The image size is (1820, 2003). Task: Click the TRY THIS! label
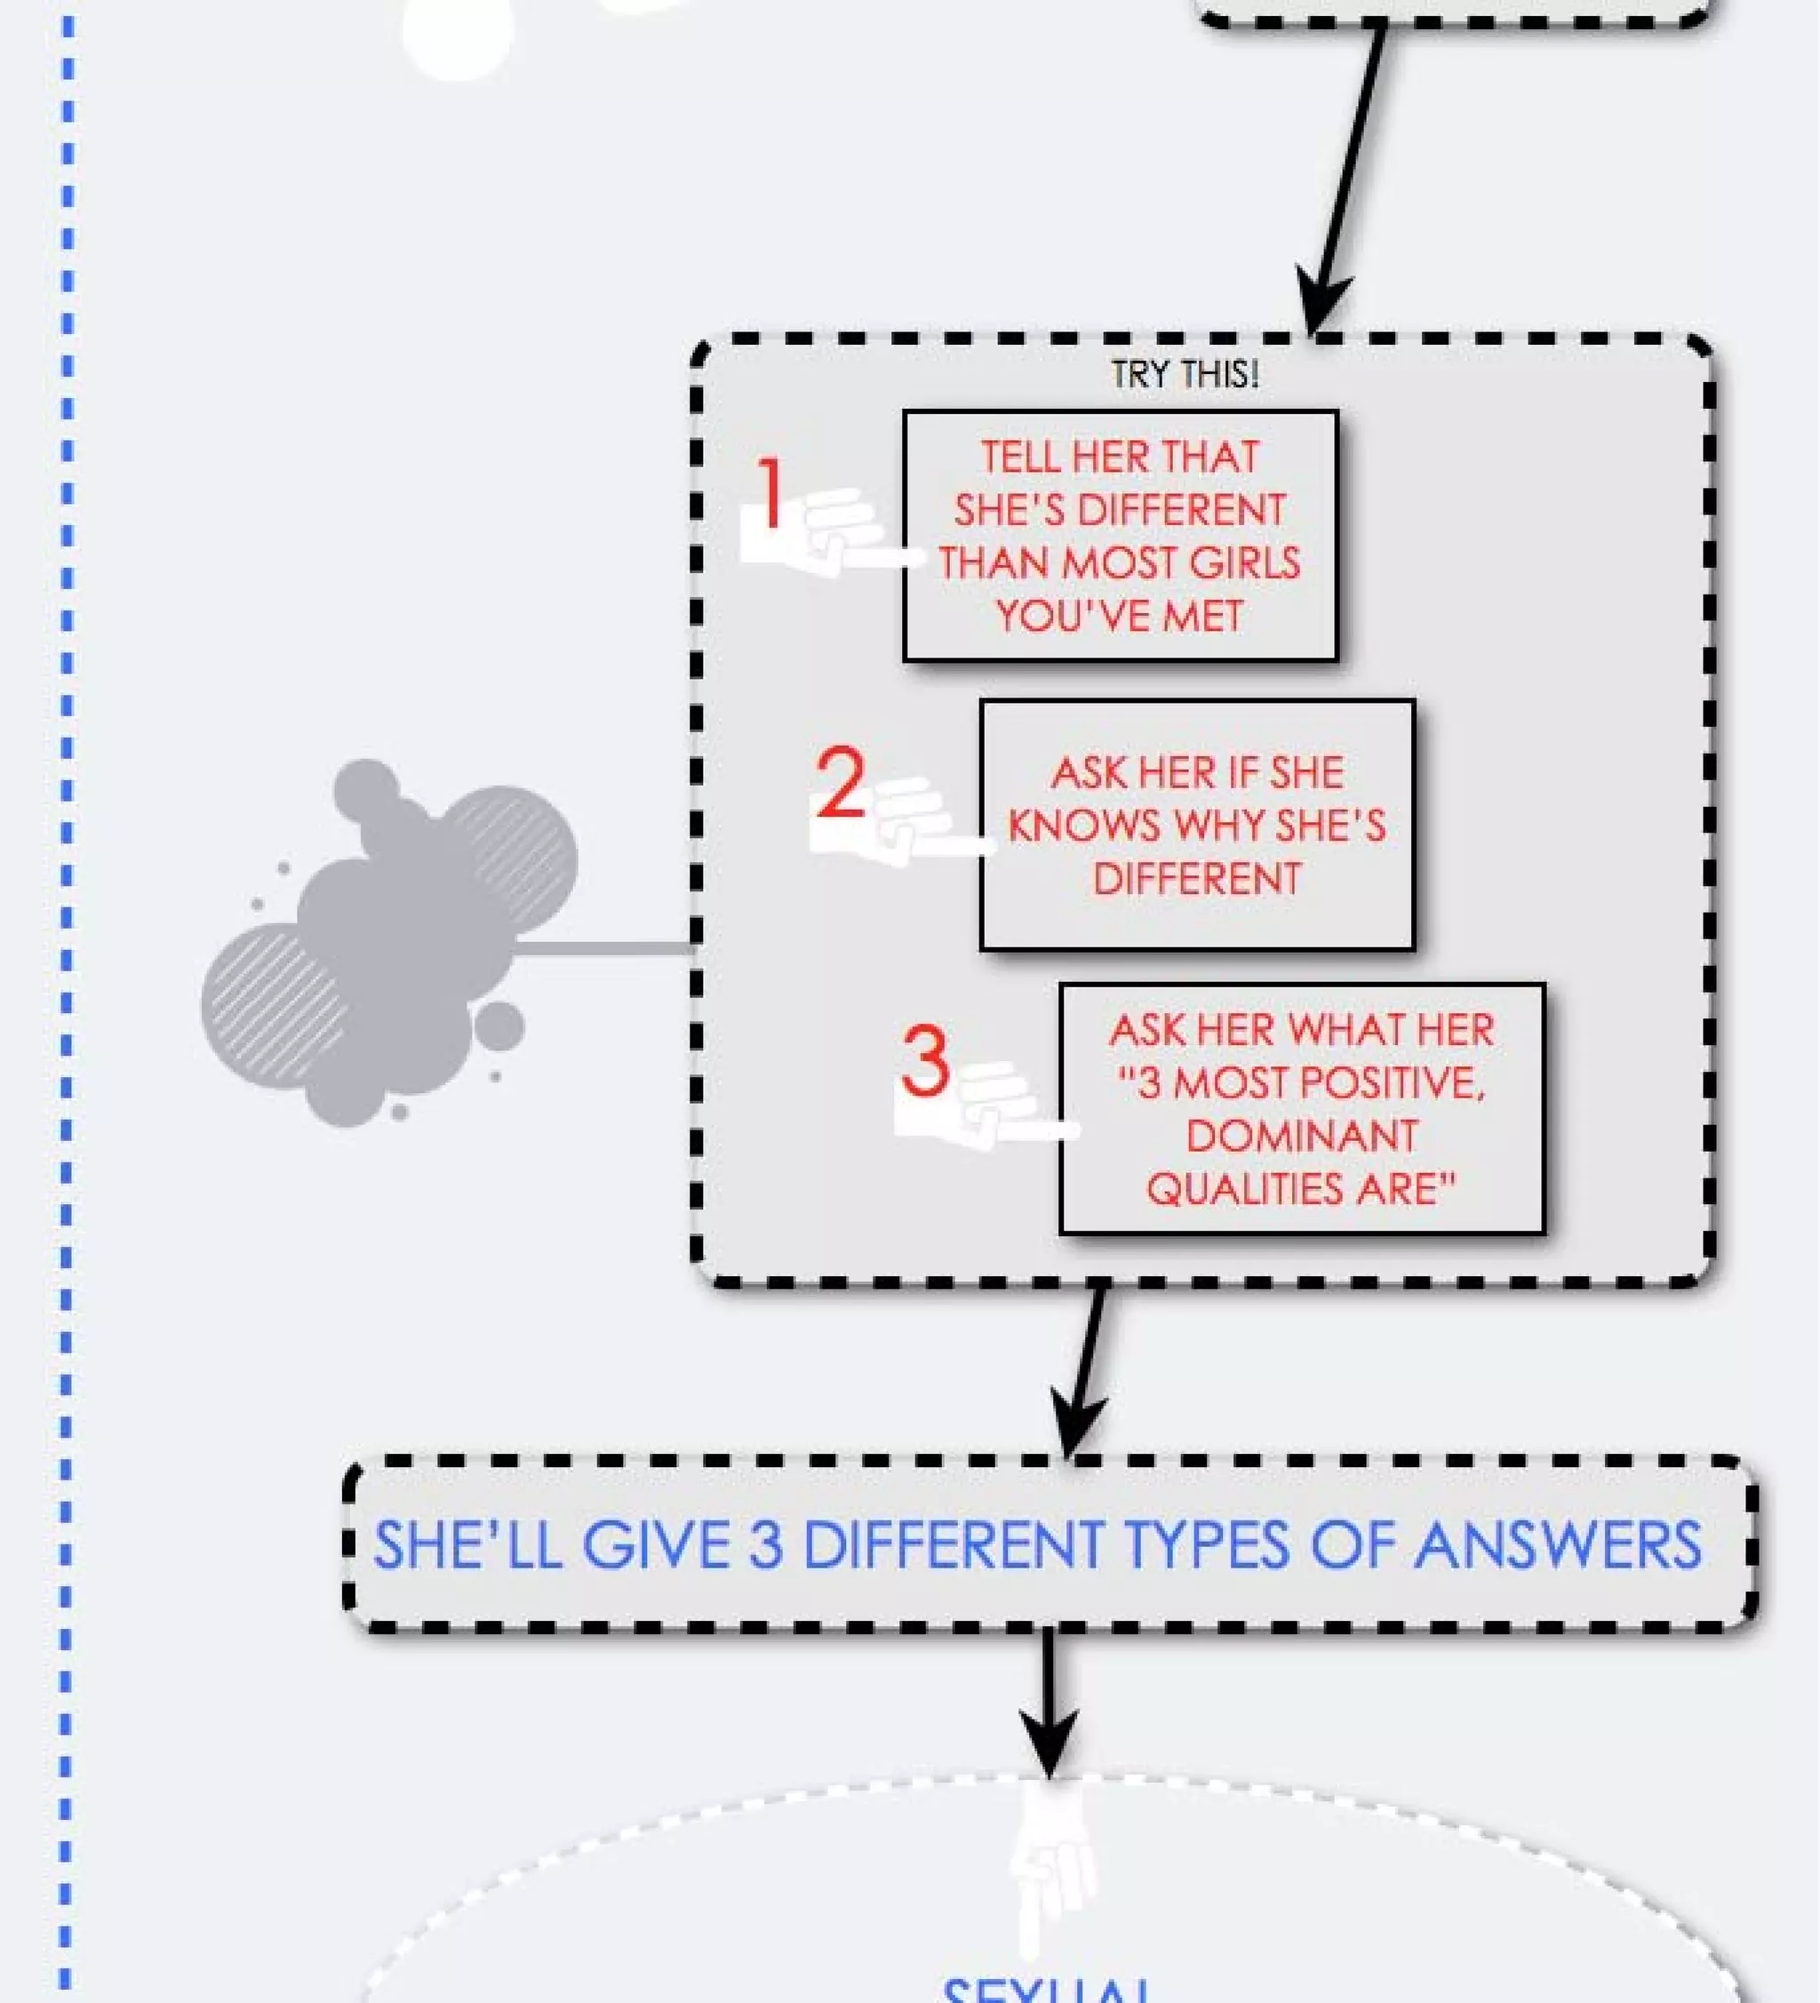click(x=1185, y=375)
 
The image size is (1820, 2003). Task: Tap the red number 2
click(x=841, y=784)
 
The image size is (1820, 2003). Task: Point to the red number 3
click(x=925, y=1062)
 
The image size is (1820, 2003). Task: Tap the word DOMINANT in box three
click(x=1301, y=1136)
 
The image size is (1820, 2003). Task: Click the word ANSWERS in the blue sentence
click(x=1557, y=1546)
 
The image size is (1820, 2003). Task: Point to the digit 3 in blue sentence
click(x=765, y=1546)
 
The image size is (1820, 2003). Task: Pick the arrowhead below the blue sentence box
click(x=1050, y=1744)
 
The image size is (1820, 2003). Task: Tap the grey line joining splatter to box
click(x=604, y=949)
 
